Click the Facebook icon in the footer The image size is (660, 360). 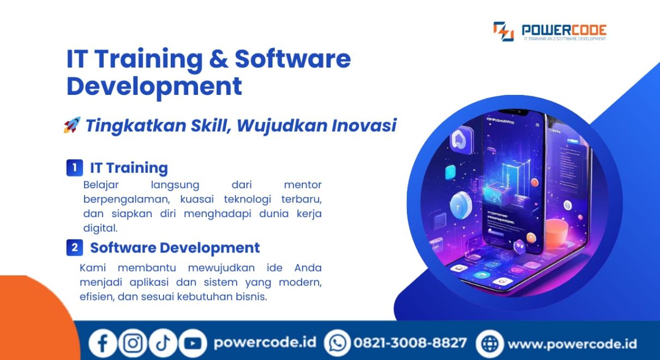click(x=103, y=343)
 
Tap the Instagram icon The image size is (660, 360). click(x=133, y=343)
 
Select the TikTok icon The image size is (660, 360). click(x=163, y=343)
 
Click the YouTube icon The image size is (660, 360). click(x=193, y=343)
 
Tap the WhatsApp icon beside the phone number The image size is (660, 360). click(x=338, y=343)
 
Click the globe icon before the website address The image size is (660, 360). click(x=490, y=344)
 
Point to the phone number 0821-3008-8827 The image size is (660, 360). click(x=410, y=343)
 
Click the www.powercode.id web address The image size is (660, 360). click(x=572, y=344)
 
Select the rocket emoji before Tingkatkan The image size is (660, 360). click(x=72, y=125)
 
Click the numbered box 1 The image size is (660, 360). click(x=75, y=168)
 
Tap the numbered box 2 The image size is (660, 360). click(x=75, y=248)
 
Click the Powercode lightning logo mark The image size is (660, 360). click(x=503, y=31)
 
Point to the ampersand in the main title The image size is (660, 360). click(x=219, y=59)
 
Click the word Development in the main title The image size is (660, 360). click(x=154, y=87)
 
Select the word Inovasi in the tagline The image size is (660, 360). click(x=364, y=125)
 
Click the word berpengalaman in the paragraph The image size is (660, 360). click(x=127, y=200)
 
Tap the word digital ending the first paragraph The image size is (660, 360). click(x=100, y=227)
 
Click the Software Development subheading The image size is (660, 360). click(x=175, y=248)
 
